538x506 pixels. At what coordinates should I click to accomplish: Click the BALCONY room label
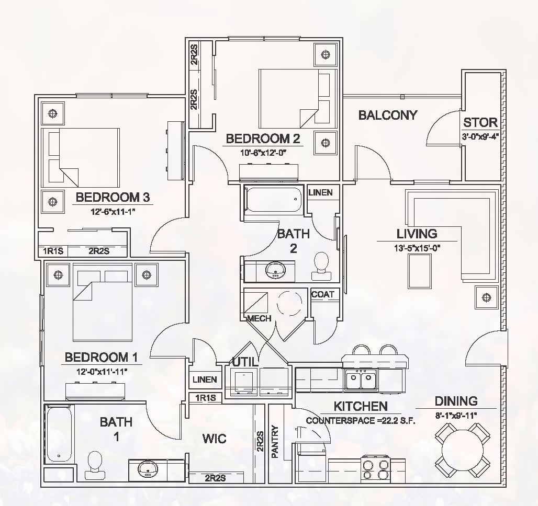pyautogui.click(x=388, y=115)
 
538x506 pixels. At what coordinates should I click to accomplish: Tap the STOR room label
pyautogui.click(x=480, y=122)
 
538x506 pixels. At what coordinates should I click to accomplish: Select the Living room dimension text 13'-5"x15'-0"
pyautogui.click(x=417, y=248)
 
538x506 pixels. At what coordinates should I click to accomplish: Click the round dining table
pyautogui.click(x=463, y=449)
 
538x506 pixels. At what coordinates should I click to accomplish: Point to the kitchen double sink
pyautogui.click(x=361, y=379)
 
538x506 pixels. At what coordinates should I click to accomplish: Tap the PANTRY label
pyautogui.click(x=275, y=442)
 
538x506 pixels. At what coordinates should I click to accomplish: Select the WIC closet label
pyautogui.click(x=215, y=438)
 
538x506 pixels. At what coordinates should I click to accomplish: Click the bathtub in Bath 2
pyautogui.click(x=273, y=200)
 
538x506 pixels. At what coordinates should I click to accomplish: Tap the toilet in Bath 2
pyautogui.click(x=319, y=266)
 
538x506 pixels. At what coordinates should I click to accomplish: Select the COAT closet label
pyautogui.click(x=322, y=294)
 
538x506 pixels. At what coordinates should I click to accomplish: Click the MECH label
pyautogui.click(x=259, y=318)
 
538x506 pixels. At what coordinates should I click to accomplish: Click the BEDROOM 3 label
pyautogui.click(x=113, y=197)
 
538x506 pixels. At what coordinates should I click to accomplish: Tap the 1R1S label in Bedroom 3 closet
pyautogui.click(x=53, y=251)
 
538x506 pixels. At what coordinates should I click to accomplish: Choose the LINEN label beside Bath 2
pyautogui.click(x=320, y=192)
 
